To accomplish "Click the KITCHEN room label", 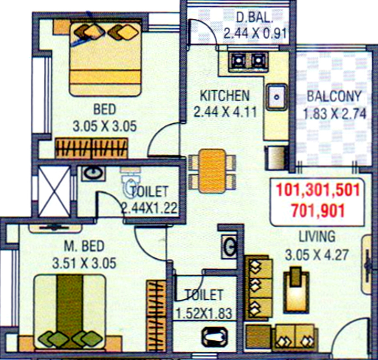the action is coord(225,96).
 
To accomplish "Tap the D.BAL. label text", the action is coord(254,18).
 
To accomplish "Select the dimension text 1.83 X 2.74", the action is coord(335,114).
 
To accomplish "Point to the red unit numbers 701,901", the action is coord(318,211).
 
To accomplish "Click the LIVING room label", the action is coord(317,236).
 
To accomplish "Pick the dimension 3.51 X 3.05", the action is coord(84,263).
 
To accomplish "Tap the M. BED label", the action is coord(84,246).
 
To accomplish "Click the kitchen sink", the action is coord(277,97).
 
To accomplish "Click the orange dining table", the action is coord(212,171).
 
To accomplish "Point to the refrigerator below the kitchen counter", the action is coord(277,158).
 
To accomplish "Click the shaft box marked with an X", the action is coord(54,192).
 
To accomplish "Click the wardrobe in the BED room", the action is coord(91,148).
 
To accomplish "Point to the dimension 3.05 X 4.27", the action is coord(317,255).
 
